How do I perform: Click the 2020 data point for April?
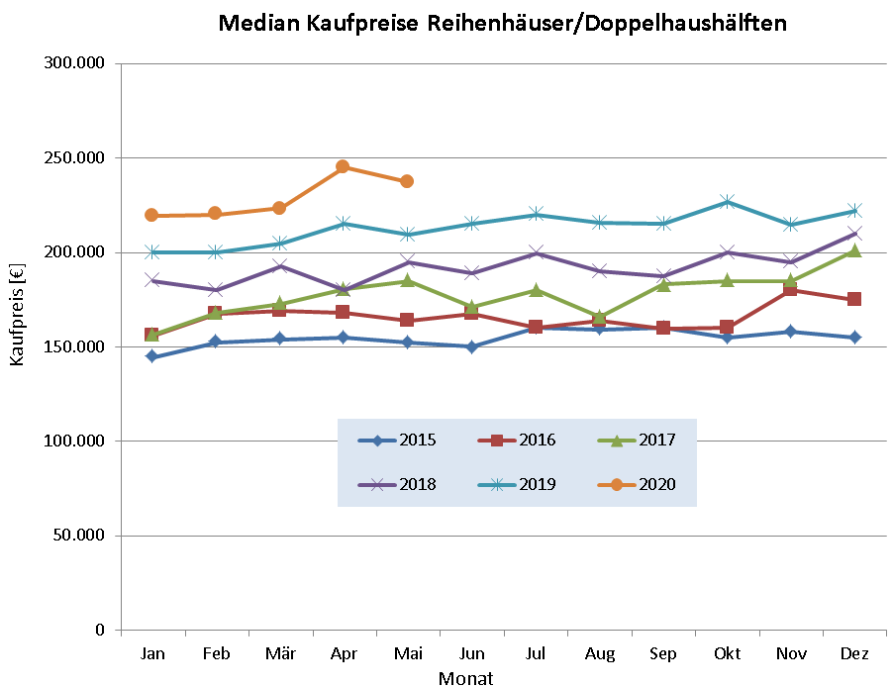(x=343, y=166)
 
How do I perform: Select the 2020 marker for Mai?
(x=407, y=181)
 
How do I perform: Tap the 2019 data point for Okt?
(x=727, y=202)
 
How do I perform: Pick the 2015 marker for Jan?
(x=151, y=356)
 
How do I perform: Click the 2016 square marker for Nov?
(x=791, y=290)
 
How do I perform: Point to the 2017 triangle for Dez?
(x=854, y=251)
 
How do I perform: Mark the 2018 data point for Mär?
(x=279, y=266)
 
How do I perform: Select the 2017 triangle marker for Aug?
(x=599, y=317)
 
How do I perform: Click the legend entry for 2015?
(x=397, y=441)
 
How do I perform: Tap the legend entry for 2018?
(x=397, y=484)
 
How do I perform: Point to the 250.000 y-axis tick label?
(x=76, y=158)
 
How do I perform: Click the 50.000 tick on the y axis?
(x=80, y=536)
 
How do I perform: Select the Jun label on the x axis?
(x=471, y=654)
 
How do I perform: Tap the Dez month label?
(x=854, y=654)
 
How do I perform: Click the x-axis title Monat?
(x=465, y=678)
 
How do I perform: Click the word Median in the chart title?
(x=261, y=23)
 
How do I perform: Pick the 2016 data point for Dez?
(x=854, y=299)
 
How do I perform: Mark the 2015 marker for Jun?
(x=471, y=346)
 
